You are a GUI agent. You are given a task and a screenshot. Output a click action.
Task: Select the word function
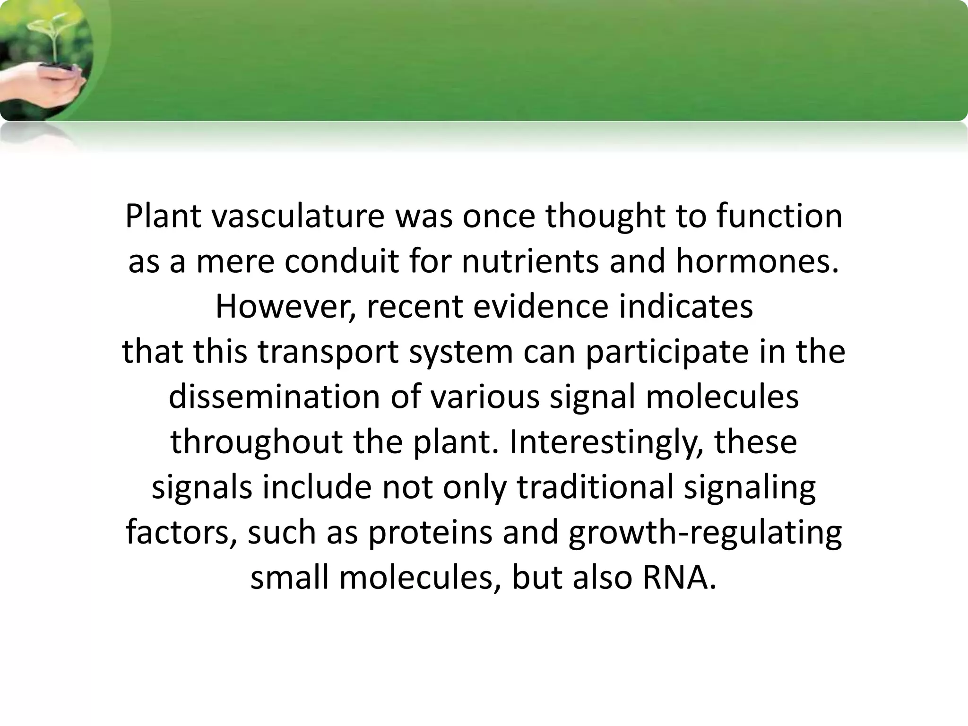[x=779, y=216]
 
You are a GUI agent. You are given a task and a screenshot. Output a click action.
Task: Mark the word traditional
[x=595, y=487]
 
